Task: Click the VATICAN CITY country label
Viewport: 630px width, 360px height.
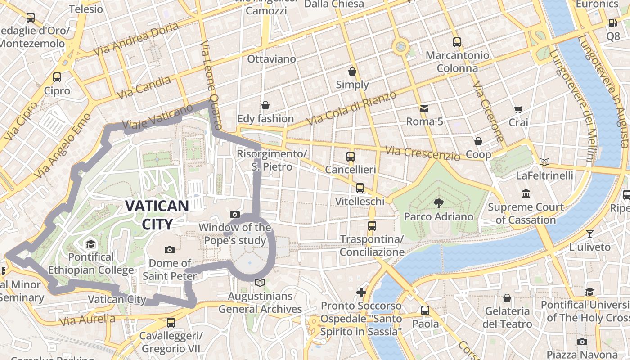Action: click(157, 215)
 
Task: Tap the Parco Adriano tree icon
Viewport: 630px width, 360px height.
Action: click(438, 203)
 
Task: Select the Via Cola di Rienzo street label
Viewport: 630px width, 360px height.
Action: click(351, 108)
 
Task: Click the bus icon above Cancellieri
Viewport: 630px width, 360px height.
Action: click(351, 157)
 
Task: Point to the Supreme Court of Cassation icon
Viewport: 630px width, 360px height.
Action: click(526, 194)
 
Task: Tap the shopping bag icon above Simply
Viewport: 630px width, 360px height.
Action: click(352, 72)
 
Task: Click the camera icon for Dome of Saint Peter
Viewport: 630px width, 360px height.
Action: click(170, 250)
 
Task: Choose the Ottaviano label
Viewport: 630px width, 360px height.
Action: click(272, 59)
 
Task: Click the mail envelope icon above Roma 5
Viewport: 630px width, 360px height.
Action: click(424, 108)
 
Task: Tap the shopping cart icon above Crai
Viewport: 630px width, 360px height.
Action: click(518, 109)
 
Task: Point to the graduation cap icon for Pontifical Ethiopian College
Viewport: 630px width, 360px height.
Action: click(91, 244)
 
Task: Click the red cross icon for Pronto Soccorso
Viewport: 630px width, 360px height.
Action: click(361, 292)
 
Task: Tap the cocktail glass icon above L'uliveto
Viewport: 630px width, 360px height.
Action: click(589, 234)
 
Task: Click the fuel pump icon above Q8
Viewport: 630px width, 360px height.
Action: click(612, 23)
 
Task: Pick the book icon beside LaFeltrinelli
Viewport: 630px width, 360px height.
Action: click(544, 162)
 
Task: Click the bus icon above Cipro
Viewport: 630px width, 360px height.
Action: click(57, 77)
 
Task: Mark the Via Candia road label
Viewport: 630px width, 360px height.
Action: click(144, 88)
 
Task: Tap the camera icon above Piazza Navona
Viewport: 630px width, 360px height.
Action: click(582, 342)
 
